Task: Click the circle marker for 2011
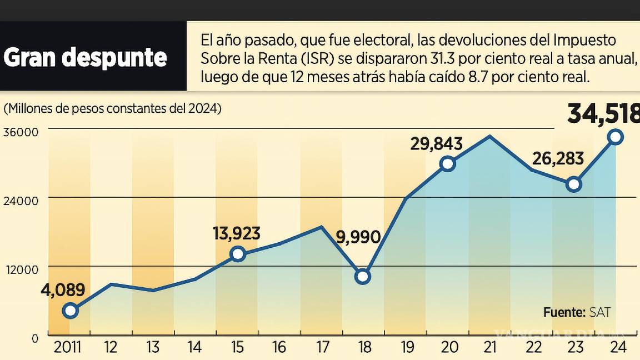(70, 311)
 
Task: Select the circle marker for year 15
(238, 254)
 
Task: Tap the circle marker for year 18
(363, 276)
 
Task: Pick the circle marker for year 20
(448, 163)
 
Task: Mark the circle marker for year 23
(574, 184)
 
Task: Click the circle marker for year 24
(616, 137)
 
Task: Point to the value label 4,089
(62, 290)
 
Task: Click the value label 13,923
(237, 234)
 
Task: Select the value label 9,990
(359, 238)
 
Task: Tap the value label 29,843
(437, 144)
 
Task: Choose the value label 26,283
(558, 159)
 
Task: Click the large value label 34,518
(603, 115)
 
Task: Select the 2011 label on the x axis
(67, 348)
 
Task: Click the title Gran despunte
(86, 57)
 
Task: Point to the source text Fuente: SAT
(577, 312)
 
